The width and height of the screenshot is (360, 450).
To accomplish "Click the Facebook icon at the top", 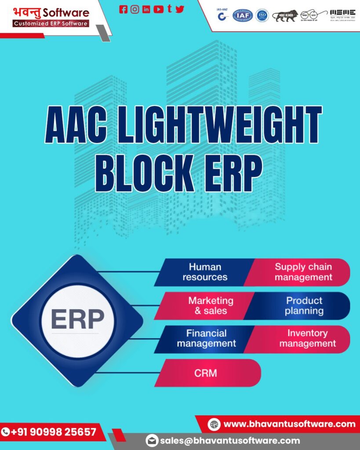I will click(124, 9).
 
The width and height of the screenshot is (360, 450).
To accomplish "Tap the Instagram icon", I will click(135, 9).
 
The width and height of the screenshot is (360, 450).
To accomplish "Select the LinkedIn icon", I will click(146, 9).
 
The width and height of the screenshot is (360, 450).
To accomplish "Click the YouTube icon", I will click(158, 9).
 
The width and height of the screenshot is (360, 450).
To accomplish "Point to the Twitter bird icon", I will click(180, 9).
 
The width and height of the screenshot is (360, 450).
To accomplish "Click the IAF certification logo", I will click(243, 16).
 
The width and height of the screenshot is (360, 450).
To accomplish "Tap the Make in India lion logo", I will click(285, 16).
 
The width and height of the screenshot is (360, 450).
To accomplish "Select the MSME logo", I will click(342, 14).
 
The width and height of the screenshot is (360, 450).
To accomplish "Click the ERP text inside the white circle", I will click(77, 319).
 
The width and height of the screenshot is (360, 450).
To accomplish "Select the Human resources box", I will click(205, 272).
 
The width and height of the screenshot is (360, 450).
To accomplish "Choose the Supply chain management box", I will click(303, 272).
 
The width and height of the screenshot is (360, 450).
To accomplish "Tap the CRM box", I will click(206, 373).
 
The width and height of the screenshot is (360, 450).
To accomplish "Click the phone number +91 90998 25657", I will click(53, 432).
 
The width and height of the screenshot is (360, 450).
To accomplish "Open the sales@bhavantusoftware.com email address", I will click(230, 440).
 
